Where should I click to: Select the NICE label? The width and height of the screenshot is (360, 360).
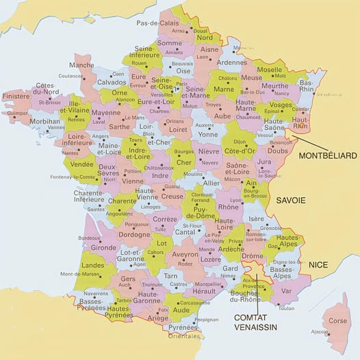(x=318, y=264)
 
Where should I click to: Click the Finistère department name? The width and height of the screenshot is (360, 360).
(x=16, y=97)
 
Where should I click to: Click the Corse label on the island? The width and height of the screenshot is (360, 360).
(x=338, y=320)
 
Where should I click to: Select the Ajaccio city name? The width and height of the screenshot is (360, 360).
(x=319, y=332)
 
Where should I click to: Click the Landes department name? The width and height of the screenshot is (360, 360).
(x=93, y=264)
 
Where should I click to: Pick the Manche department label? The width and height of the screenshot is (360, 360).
(x=81, y=65)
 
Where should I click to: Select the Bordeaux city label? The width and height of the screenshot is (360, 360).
(x=89, y=237)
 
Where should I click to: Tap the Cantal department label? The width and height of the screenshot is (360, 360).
(x=185, y=232)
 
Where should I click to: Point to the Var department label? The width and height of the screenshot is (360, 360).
(x=286, y=291)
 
